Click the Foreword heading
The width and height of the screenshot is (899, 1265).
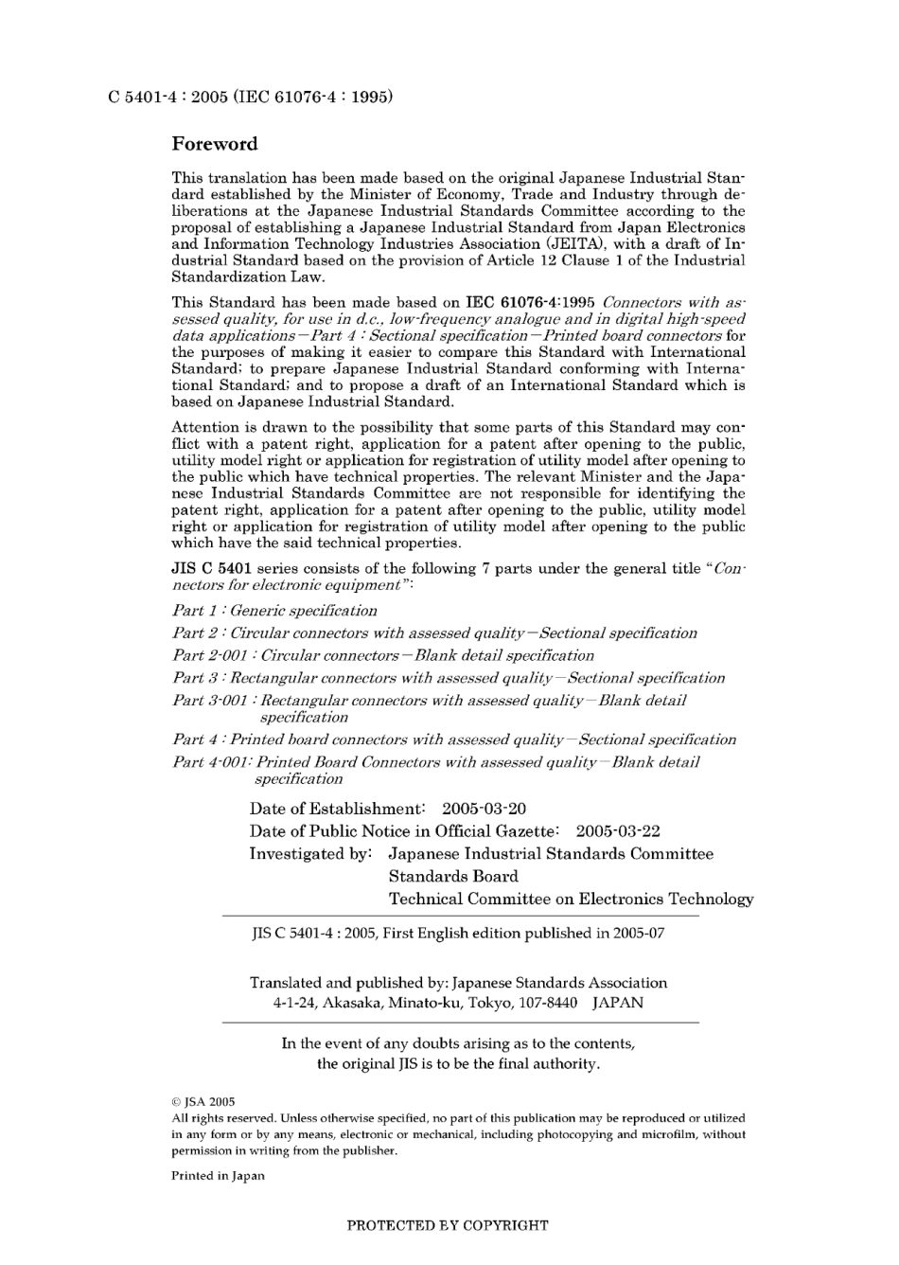click(214, 144)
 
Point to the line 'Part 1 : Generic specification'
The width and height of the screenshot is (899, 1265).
click(274, 611)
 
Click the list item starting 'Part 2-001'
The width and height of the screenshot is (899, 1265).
click(382, 655)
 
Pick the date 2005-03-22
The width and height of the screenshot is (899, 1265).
click(617, 831)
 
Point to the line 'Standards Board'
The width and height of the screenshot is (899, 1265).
click(453, 877)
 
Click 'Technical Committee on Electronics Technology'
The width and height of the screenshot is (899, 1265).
click(571, 900)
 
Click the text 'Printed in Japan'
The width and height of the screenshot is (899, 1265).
click(218, 1176)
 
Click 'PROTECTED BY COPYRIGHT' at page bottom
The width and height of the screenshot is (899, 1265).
click(448, 1225)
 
